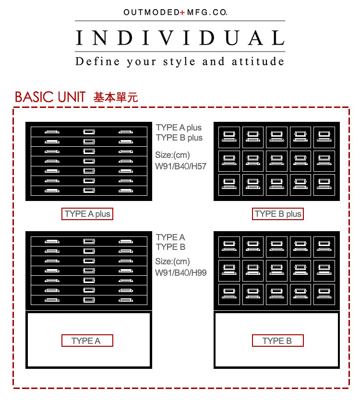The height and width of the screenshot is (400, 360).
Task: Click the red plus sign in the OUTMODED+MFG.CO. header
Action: point(182,12)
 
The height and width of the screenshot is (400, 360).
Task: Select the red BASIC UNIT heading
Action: point(50,97)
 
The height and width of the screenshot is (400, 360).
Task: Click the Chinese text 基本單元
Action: point(116,97)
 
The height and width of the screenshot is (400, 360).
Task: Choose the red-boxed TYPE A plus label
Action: point(87,214)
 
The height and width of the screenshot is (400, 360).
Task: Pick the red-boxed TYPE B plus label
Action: point(278,214)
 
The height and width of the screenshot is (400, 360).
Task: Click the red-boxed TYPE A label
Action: point(87,341)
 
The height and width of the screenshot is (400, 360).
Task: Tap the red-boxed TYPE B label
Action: point(278,341)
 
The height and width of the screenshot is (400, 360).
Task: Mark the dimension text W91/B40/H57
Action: point(181,167)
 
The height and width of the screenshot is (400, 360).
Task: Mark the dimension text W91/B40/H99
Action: point(181,273)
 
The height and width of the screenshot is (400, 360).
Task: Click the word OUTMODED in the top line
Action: point(151,12)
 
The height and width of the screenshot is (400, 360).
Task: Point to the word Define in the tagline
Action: point(97,61)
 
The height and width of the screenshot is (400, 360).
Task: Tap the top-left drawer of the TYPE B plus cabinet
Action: point(229,137)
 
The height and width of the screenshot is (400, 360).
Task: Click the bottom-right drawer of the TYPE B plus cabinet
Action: point(324,184)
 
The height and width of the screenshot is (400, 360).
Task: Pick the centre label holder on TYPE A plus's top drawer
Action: point(89,131)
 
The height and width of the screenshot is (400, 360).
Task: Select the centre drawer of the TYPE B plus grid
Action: point(277,161)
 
